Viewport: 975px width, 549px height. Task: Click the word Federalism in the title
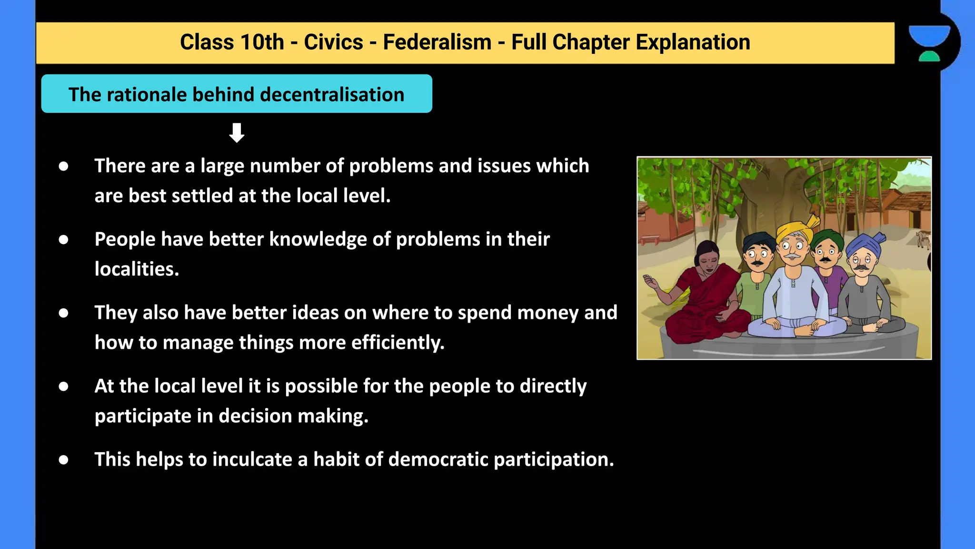tap(437, 42)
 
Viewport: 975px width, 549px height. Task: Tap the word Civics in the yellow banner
tap(333, 42)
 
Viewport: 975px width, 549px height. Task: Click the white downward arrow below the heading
tap(237, 133)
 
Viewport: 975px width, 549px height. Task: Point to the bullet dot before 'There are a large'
tap(63, 166)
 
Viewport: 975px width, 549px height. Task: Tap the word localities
tap(136, 269)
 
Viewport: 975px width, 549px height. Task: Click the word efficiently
tap(398, 343)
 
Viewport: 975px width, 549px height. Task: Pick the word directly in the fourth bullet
tap(553, 386)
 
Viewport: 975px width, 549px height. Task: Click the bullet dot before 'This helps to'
tap(63, 460)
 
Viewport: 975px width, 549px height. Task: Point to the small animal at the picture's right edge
tap(924, 238)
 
